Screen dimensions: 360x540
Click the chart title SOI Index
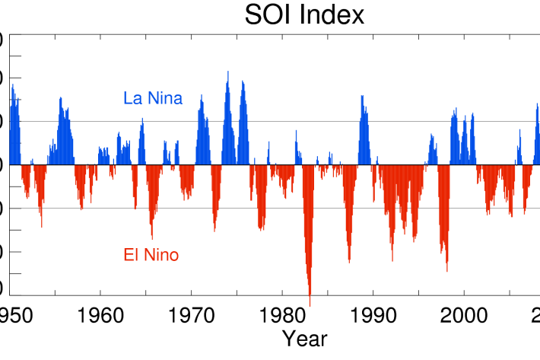tap(304, 14)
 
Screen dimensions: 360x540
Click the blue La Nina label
tap(153, 98)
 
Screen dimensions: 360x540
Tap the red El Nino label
tap(151, 255)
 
